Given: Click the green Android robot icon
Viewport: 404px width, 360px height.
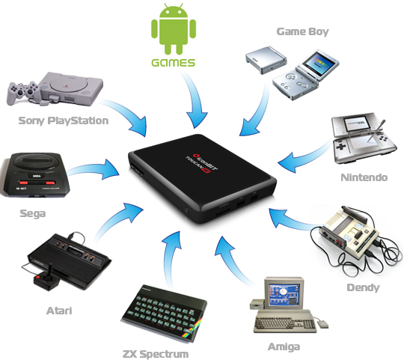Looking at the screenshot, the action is [x=174, y=29].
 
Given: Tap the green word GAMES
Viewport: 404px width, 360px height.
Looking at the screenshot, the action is [x=173, y=63].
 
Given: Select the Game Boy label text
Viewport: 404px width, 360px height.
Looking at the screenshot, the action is [x=302, y=31].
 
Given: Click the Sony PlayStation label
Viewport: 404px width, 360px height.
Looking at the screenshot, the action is [x=64, y=120].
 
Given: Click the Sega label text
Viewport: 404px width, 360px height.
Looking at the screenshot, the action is [x=33, y=213].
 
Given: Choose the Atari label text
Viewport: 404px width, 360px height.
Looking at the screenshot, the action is [x=59, y=311].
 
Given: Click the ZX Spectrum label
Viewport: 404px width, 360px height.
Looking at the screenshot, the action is [x=156, y=354].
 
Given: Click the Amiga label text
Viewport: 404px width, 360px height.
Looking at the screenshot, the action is [x=284, y=347].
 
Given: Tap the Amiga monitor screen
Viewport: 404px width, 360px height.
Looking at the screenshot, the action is [x=284, y=295].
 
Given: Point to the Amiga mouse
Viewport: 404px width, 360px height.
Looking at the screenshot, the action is [x=322, y=324].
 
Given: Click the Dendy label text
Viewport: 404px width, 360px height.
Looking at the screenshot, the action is [x=363, y=287].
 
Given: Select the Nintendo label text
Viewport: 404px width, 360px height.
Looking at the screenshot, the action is [x=364, y=177].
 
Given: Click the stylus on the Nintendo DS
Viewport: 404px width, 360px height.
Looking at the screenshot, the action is [x=376, y=131].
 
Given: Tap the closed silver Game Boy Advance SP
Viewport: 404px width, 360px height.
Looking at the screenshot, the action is [x=266, y=60].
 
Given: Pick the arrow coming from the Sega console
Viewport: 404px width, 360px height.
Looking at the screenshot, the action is [x=94, y=170].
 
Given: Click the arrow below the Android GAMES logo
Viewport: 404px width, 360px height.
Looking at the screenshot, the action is [x=193, y=100].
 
